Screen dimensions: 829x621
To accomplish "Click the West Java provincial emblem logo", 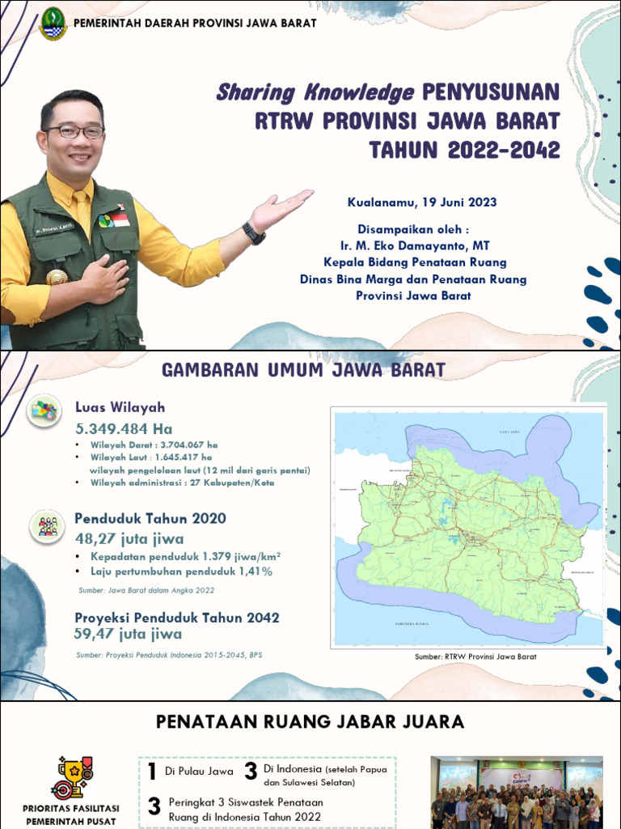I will (53, 23).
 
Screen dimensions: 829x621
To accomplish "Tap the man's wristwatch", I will (253, 233).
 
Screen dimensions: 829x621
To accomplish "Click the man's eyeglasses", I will (74, 131).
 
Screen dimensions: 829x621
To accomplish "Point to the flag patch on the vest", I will (120, 219).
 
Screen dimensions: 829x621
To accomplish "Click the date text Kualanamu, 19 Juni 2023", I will (422, 202).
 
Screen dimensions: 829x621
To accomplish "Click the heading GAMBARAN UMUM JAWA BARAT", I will (304, 370).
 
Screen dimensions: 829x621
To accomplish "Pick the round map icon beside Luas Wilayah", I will (44, 412).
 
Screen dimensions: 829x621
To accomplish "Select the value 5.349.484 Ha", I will (124, 428).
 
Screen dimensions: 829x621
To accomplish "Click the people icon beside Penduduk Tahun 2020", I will (48, 525).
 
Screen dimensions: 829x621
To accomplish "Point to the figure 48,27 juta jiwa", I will (129, 538).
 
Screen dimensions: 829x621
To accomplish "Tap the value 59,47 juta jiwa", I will (128, 634).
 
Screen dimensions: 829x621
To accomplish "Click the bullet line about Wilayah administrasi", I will (182, 483).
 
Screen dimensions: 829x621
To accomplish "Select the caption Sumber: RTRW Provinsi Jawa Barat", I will (475, 657).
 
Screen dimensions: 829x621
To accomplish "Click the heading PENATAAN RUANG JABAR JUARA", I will (310, 721).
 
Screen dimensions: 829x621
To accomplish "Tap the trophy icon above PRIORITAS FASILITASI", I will (72, 776).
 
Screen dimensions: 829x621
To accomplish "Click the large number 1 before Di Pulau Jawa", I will (152, 772).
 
